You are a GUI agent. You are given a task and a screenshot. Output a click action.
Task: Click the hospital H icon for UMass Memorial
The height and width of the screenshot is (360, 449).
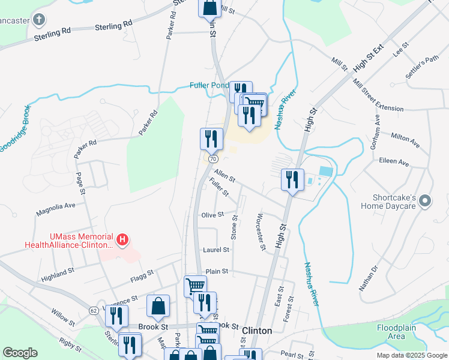122,241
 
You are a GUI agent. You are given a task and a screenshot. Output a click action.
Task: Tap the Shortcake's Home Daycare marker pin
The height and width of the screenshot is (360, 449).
426,201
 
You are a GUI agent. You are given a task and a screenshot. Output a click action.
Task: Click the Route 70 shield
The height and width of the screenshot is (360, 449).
213,160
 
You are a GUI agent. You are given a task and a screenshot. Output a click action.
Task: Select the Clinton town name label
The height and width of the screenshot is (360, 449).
257,331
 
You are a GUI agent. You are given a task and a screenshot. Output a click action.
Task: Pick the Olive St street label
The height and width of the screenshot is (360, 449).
212,215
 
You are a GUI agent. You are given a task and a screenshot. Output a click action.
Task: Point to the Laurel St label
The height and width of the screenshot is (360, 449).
217,250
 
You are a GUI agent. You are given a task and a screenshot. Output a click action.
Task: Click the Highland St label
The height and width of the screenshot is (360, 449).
57,275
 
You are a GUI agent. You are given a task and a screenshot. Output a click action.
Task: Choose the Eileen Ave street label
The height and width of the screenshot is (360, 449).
394,163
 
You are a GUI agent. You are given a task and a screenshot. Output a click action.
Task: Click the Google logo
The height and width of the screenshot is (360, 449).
20,353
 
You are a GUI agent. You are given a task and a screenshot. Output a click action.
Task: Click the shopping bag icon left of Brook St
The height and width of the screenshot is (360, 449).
157,306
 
